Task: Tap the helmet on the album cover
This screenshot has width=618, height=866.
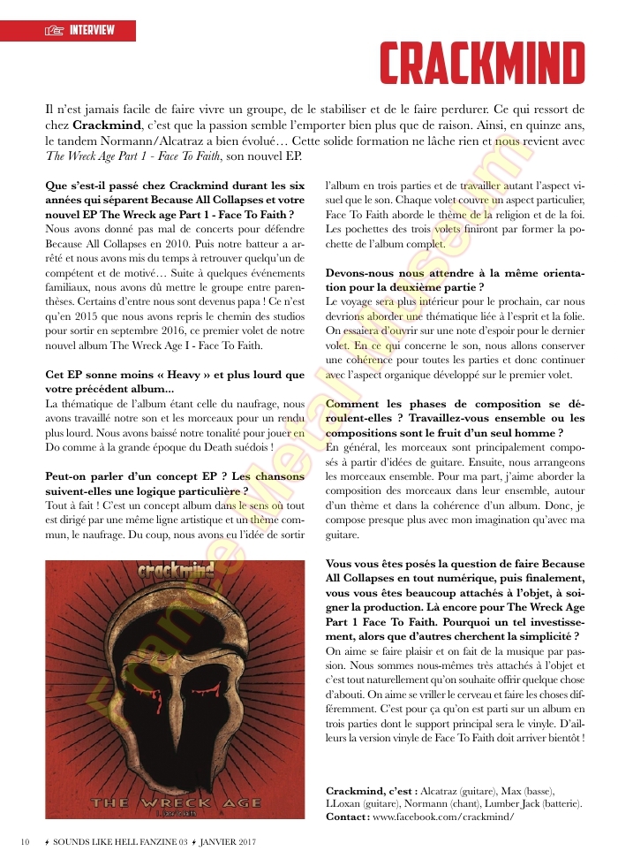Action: pyautogui.click(x=177, y=680)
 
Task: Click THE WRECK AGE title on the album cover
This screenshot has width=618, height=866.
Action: pyautogui.click(x=176, y=802)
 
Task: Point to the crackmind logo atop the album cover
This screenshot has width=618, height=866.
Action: pyautogui.click(x=177, y=573)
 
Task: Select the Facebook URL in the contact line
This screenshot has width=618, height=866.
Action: pyautogui.click(x=443, y=817)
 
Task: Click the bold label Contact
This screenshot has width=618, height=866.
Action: pyautogui.click(x=347, y=817)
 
